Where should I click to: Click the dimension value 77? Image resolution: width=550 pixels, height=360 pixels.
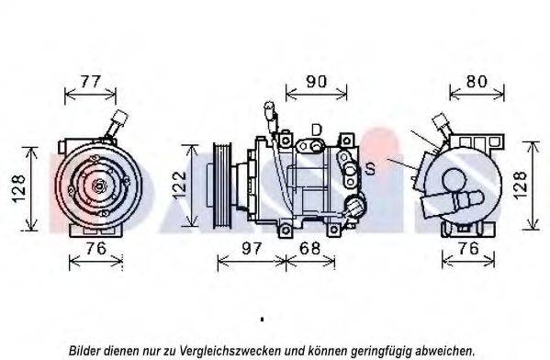click(x=91, y=82)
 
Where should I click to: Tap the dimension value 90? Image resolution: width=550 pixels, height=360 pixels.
click(x=317, y=82)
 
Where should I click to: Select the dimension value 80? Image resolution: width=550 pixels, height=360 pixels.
click(x=477, y=82)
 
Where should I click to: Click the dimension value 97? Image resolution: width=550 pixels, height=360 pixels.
click(x=252, y=249)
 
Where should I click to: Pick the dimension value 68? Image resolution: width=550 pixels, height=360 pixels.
click(x=310, y=249)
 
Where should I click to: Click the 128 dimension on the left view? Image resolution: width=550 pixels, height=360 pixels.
click(x=18, y=189)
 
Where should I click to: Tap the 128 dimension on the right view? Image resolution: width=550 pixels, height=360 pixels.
click(x=521, y=185)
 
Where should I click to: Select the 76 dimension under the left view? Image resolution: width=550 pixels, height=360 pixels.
click(x=95, y=249)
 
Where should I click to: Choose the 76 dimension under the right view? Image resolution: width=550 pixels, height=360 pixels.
click(x=468, y=249)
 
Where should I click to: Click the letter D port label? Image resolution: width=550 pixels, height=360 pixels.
click(x=316, y=129)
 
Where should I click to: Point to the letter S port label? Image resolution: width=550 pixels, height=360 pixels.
click(x=370, y=169)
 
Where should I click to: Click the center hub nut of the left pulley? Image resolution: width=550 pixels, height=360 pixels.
click(x=98, y=185)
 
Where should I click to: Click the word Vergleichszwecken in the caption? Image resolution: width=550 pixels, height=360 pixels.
click(x=230, y=351)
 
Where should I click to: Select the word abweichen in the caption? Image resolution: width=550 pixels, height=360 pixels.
click(x=444, y=350)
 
